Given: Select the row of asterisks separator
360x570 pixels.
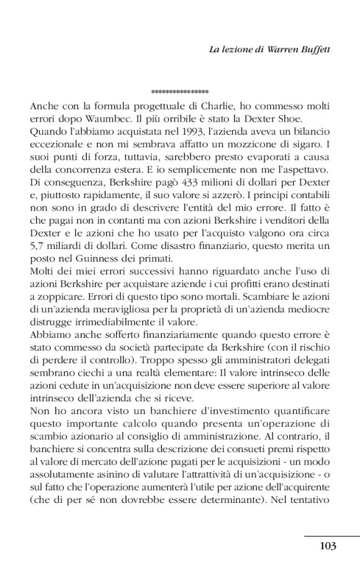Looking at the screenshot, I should [179, 92].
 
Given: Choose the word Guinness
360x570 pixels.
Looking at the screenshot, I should [87, 252].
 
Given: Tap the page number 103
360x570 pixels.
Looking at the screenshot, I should [328, 546].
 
